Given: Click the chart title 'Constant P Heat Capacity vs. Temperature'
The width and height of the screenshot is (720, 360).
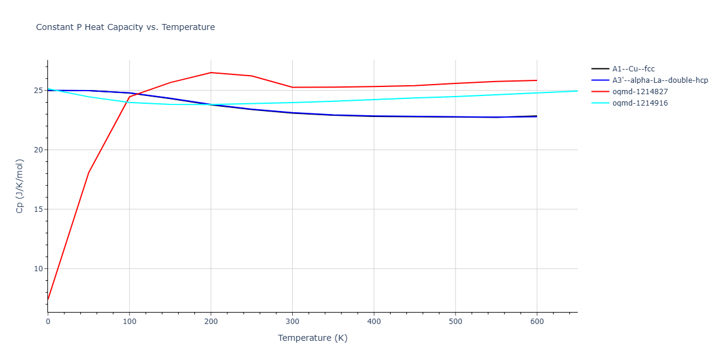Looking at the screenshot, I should (x=125, y=27).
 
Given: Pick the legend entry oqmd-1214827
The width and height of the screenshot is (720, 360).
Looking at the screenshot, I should (x=640, y=92).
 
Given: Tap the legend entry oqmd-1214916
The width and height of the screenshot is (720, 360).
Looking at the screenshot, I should (x=640, y=103).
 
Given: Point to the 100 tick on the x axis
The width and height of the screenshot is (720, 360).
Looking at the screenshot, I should (x=129, y=322).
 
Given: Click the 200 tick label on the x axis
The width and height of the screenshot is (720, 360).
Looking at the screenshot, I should (x=211, y=322).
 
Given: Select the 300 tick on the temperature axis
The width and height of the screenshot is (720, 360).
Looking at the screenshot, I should (x=292, y=322).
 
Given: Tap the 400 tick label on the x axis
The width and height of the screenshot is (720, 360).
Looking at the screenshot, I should (x=374, y=322).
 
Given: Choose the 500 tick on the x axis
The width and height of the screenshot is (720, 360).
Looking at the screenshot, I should (x=455, y=322).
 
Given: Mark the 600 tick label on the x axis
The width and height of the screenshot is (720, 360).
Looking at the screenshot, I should (x=537, y=322).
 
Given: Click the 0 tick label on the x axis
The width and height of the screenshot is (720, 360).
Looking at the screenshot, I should (x=48, y=322).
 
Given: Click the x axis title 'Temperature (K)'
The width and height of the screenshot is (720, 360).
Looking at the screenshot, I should (x=313, y=338).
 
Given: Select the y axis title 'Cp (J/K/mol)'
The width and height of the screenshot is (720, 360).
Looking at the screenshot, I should (x=20, y=186).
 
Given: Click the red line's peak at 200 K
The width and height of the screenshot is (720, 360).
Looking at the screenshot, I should (x=211, y=73).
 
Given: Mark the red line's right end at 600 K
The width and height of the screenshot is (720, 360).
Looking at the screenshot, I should (x=537, y=80).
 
